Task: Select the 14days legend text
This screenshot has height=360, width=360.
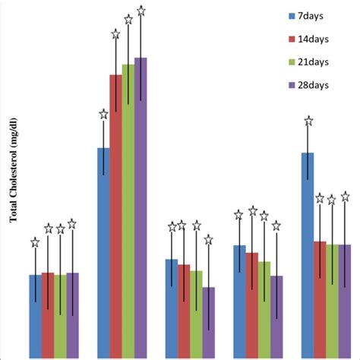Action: click(x=314, y=37)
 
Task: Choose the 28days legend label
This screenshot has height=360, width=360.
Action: click(x=314, y=85)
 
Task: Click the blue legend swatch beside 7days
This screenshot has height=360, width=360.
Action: click(x=292, y=14)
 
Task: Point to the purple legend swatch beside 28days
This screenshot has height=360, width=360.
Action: click(x=292, y=85)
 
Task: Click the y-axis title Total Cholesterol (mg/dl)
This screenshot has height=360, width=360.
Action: click(x=13, y=169)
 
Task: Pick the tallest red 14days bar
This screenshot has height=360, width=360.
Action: click(x=115, y=216)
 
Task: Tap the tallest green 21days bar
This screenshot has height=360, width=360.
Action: click(x=128, y=210)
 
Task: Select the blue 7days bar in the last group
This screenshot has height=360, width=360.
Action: click(x=308, y=254)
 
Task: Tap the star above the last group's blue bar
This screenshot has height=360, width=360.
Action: click(x=308, y=120)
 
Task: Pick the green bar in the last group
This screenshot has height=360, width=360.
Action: click(x=332, y=301)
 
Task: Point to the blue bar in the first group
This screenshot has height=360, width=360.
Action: click(x=35, y=316)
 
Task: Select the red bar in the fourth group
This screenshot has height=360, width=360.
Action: click(x=251, y=305)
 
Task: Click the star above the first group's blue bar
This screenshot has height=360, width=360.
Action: click(x=35, y=243)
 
